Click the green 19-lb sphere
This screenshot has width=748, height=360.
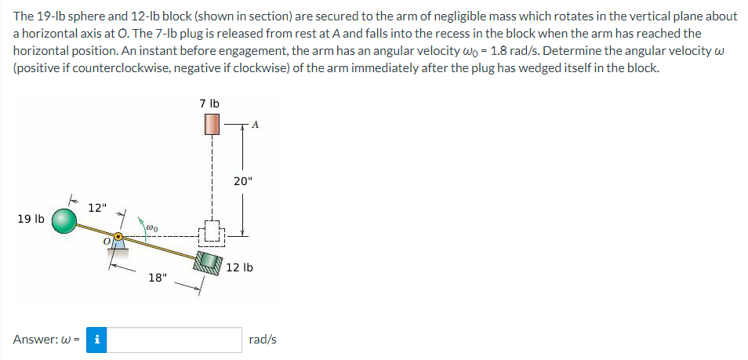tap(65, 221)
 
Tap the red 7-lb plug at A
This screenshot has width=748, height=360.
tap(210, 124)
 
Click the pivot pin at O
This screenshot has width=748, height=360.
tap(118, 236)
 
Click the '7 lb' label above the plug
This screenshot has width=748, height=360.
tap(209, 103)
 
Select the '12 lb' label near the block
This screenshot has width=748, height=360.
tap(239, 268)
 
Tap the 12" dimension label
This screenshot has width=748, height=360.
tap(97, 208)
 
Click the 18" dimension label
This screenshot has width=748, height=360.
tap(158, 278)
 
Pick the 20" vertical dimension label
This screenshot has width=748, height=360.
tap(243, 181)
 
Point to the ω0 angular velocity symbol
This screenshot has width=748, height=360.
tap(152, 227)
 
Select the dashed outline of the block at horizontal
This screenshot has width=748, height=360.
tap(210, 233)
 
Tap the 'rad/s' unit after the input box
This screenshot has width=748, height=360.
tap(262, 340)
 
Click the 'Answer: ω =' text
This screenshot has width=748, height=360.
tap(44, 340)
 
